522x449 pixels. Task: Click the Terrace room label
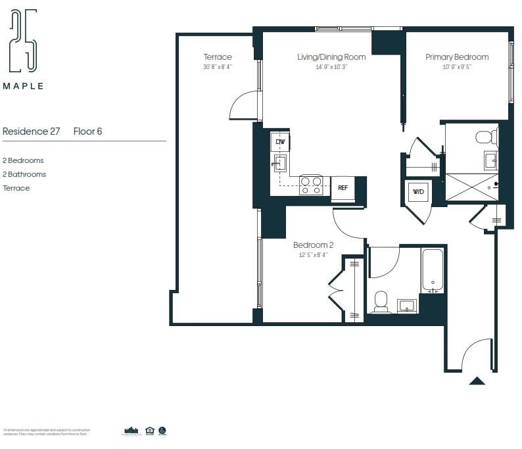click(217, 57)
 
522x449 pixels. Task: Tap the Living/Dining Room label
click(331, 57)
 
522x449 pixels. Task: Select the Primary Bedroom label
click(457, 57)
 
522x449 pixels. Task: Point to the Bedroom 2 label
click(310, 245)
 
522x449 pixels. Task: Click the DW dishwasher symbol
click(280, 142)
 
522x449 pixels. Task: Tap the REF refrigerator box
click(343, 187)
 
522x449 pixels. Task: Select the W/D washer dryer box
click(418, 191)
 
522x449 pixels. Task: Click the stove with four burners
click(311, 185)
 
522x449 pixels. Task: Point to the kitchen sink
click(280, 163)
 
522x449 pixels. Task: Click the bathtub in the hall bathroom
click(433, 270)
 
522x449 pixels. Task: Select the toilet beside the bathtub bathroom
click(381, 302)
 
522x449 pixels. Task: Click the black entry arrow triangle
click(477, 380)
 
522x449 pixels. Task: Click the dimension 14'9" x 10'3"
click(331, 67)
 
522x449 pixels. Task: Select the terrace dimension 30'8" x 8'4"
click(217, 67)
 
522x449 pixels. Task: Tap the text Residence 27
click(32, 131)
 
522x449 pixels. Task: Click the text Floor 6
click(87, 131)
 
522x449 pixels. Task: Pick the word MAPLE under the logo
click(24, 86)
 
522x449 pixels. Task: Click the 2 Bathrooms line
click(24, 174)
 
